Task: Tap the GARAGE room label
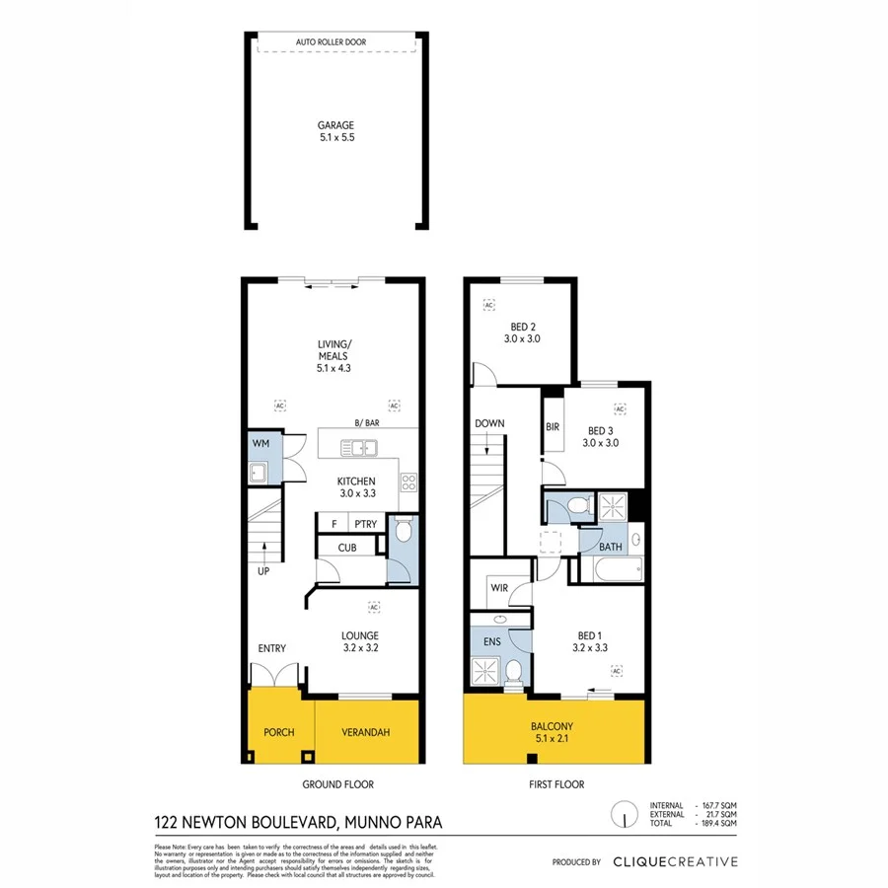click(x=335, y=131)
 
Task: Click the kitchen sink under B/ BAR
click(x=360, y=449)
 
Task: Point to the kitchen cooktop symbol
click(x=407, y=482)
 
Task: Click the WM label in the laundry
click(x=261, y=444)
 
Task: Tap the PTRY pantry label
click(x=365, y=524)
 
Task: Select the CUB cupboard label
click(x=347, y=548)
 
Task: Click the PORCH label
click(x=277, y=732)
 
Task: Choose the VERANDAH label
click(x=366, y=732)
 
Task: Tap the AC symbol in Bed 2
click(x=488, y=305)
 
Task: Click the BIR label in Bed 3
click(x=553, y=427)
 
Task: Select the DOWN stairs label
click(x=489, y=423)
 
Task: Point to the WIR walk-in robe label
click(x=497, y=590)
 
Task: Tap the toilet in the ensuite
click(x=512, y=672)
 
